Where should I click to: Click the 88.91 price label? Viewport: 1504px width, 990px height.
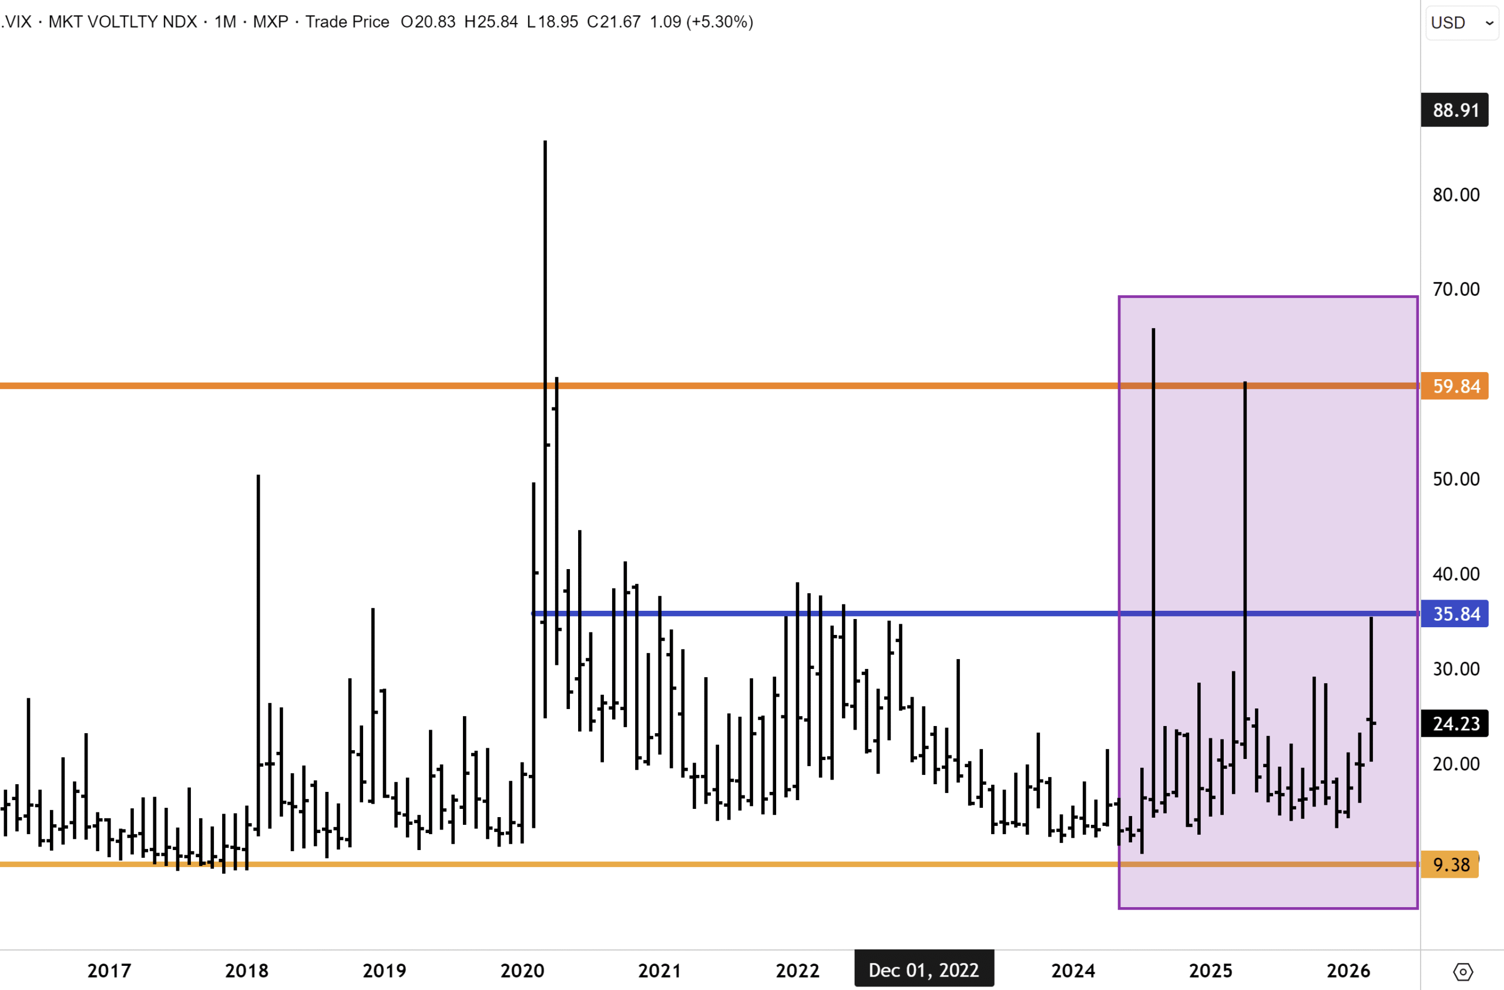(1455, 110)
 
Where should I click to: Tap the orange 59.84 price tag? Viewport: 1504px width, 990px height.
(1455, 386)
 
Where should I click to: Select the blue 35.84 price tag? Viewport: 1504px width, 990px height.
(1455, 613)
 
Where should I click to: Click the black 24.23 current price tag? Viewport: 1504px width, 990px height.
(1455, 723)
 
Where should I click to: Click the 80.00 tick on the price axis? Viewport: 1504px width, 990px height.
(1456, 195)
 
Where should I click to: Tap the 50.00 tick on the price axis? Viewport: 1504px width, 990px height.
(1456, 479)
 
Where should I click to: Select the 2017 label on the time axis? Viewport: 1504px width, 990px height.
(109, 971)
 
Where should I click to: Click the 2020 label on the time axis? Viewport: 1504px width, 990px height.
(522, 971)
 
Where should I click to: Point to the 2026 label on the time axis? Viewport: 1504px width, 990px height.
(1348, 971)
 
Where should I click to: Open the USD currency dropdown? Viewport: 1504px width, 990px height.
(1462, 23)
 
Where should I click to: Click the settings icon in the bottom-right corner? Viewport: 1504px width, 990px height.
(1463, 971)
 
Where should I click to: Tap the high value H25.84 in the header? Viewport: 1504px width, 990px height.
(491, 22)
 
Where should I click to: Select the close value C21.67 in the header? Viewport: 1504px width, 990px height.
(613, 22)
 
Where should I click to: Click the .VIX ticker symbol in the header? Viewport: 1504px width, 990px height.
(16, 22)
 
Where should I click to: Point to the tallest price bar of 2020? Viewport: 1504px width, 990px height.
(545, 379)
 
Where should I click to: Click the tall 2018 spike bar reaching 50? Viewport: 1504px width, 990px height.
(258, 632)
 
